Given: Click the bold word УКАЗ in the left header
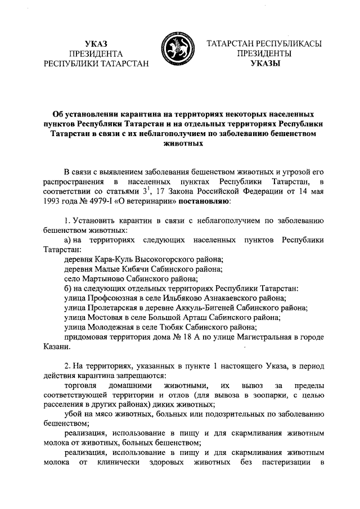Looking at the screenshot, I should (x=95, y=44).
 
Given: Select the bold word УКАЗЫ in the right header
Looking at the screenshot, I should (x=264, y=64).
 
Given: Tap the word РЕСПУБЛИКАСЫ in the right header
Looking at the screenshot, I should (x=289, y=44).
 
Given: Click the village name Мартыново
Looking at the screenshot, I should (x=106, y=279).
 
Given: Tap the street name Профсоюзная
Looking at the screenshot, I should (x=116, y=298).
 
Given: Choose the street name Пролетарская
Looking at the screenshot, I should (x=118, y=308).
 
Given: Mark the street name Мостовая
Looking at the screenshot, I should (x=107, y=318).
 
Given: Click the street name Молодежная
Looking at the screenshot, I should (x=112, y=327).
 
